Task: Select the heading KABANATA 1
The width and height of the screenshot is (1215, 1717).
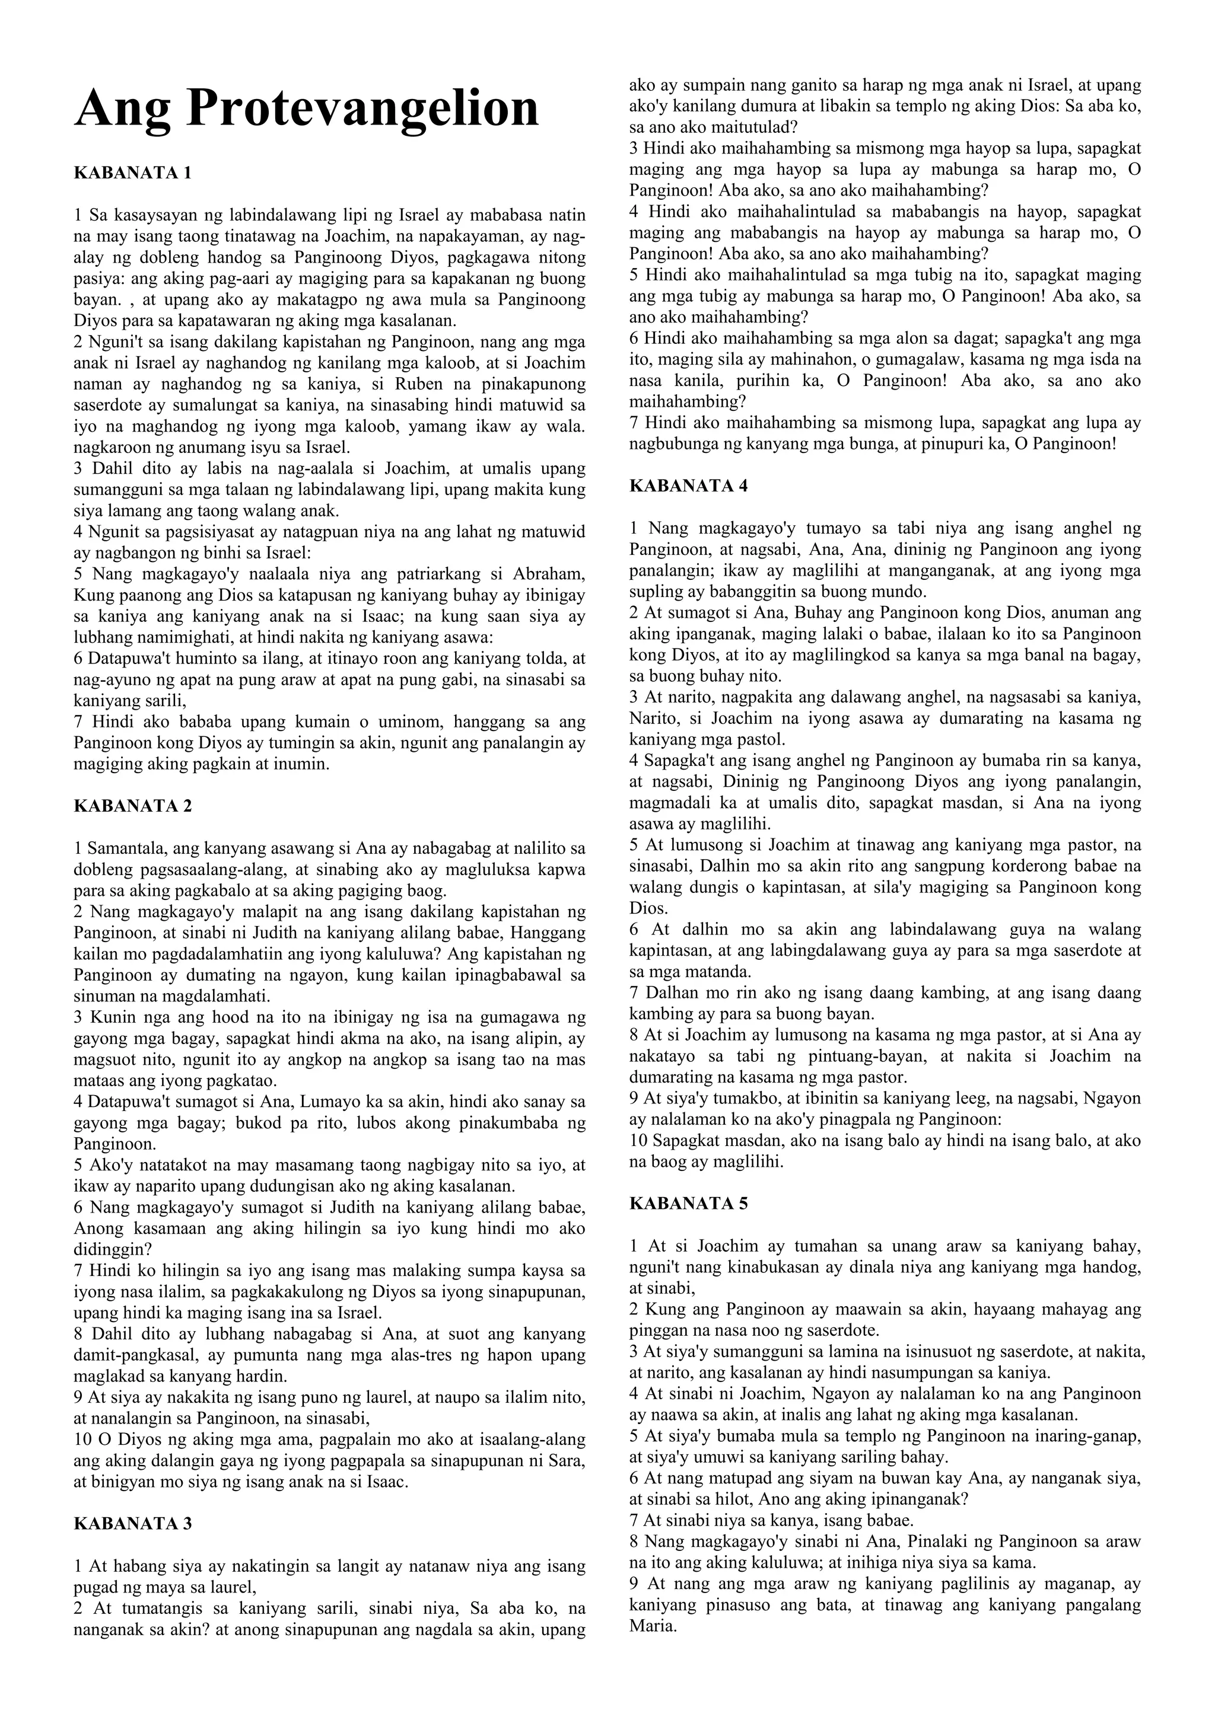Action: [x=132, y=174]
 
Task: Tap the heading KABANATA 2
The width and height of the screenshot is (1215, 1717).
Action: [x=132, y=806]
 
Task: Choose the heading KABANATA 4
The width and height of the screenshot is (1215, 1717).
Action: [x=688, y=486]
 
